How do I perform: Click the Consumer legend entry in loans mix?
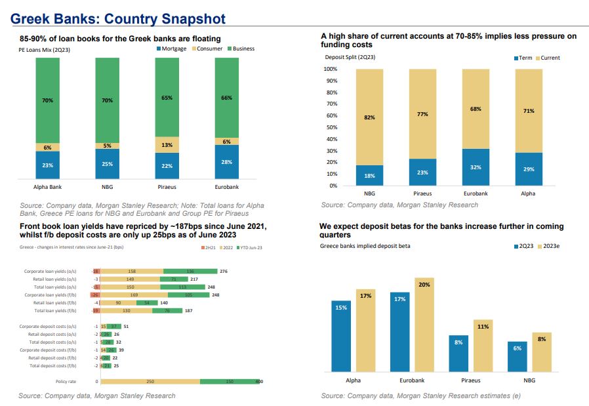pyautogui.click(x=209, y=49)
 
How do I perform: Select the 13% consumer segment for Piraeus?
pyautogui.click(x=167, y=145)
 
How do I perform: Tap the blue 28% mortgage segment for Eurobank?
pyautogui.click(x=226, y=161)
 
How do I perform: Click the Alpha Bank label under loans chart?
pyautogui.click(x=47, y=188)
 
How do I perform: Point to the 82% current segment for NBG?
pyautogui.click(x=369, y=117)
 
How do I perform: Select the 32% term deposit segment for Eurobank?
pyautogui.click(x=476, y=167)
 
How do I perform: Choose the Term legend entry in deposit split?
pyautogui.click(x=525, y=58)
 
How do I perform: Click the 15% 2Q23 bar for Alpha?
pyautogui.click(x=341, y=335)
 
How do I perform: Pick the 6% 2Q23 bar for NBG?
pyautogui.click(x=517, y=356)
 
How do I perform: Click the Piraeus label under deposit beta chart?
pyautogui.click(x=470, y=380)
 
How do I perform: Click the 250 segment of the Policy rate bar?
pyautogui.click(x=150, y=381)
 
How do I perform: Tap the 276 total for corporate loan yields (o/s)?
pyautogui.click(x=223, y=271)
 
